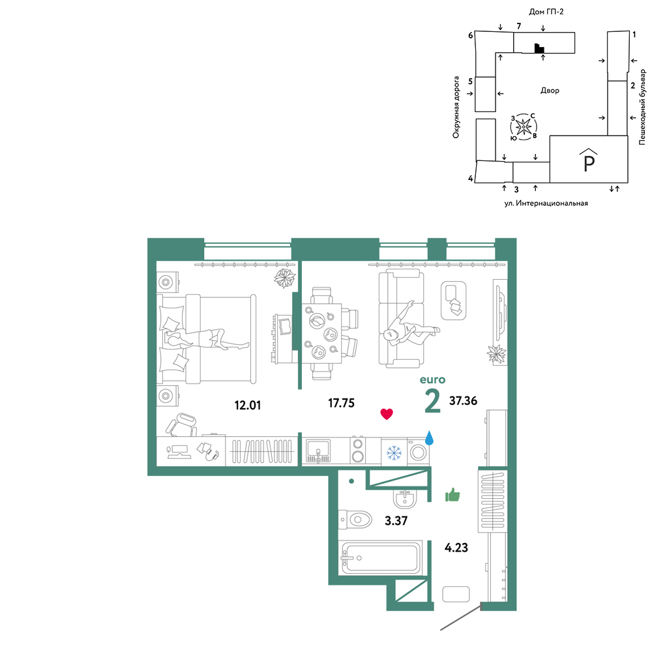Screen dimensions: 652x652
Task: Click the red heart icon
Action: (x=387, y=414)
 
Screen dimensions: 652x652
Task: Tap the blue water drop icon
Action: (x=429, y=438)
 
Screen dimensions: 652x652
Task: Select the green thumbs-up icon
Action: (x=452, y=495)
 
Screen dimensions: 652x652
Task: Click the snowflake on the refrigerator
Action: (x=393, y=452)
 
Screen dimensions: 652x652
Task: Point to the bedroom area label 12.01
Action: (x=248, y=405)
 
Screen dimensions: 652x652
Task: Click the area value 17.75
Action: (x=342, y=403)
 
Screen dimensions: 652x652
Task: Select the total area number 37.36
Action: (x=463, y=400)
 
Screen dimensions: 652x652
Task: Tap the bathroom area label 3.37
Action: (x=396, y=520)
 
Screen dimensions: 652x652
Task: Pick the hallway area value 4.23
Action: (x=456, y=548)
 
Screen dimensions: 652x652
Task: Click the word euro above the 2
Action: (x=432, y=379)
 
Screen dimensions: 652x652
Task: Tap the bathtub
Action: (x=381, y=557)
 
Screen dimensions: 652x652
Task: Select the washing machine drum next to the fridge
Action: (x=419, y=452)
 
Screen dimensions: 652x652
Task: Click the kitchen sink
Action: (x=318, y=451)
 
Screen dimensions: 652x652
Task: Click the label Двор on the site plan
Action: (x=550, y=90)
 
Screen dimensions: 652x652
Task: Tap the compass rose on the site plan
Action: (x=524, y=126)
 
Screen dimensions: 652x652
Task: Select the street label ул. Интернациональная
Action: (x=546, y=203)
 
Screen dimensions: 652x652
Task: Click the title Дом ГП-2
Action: (x=546, y=12)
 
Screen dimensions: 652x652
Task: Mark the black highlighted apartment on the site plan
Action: (x=539, y=49)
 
